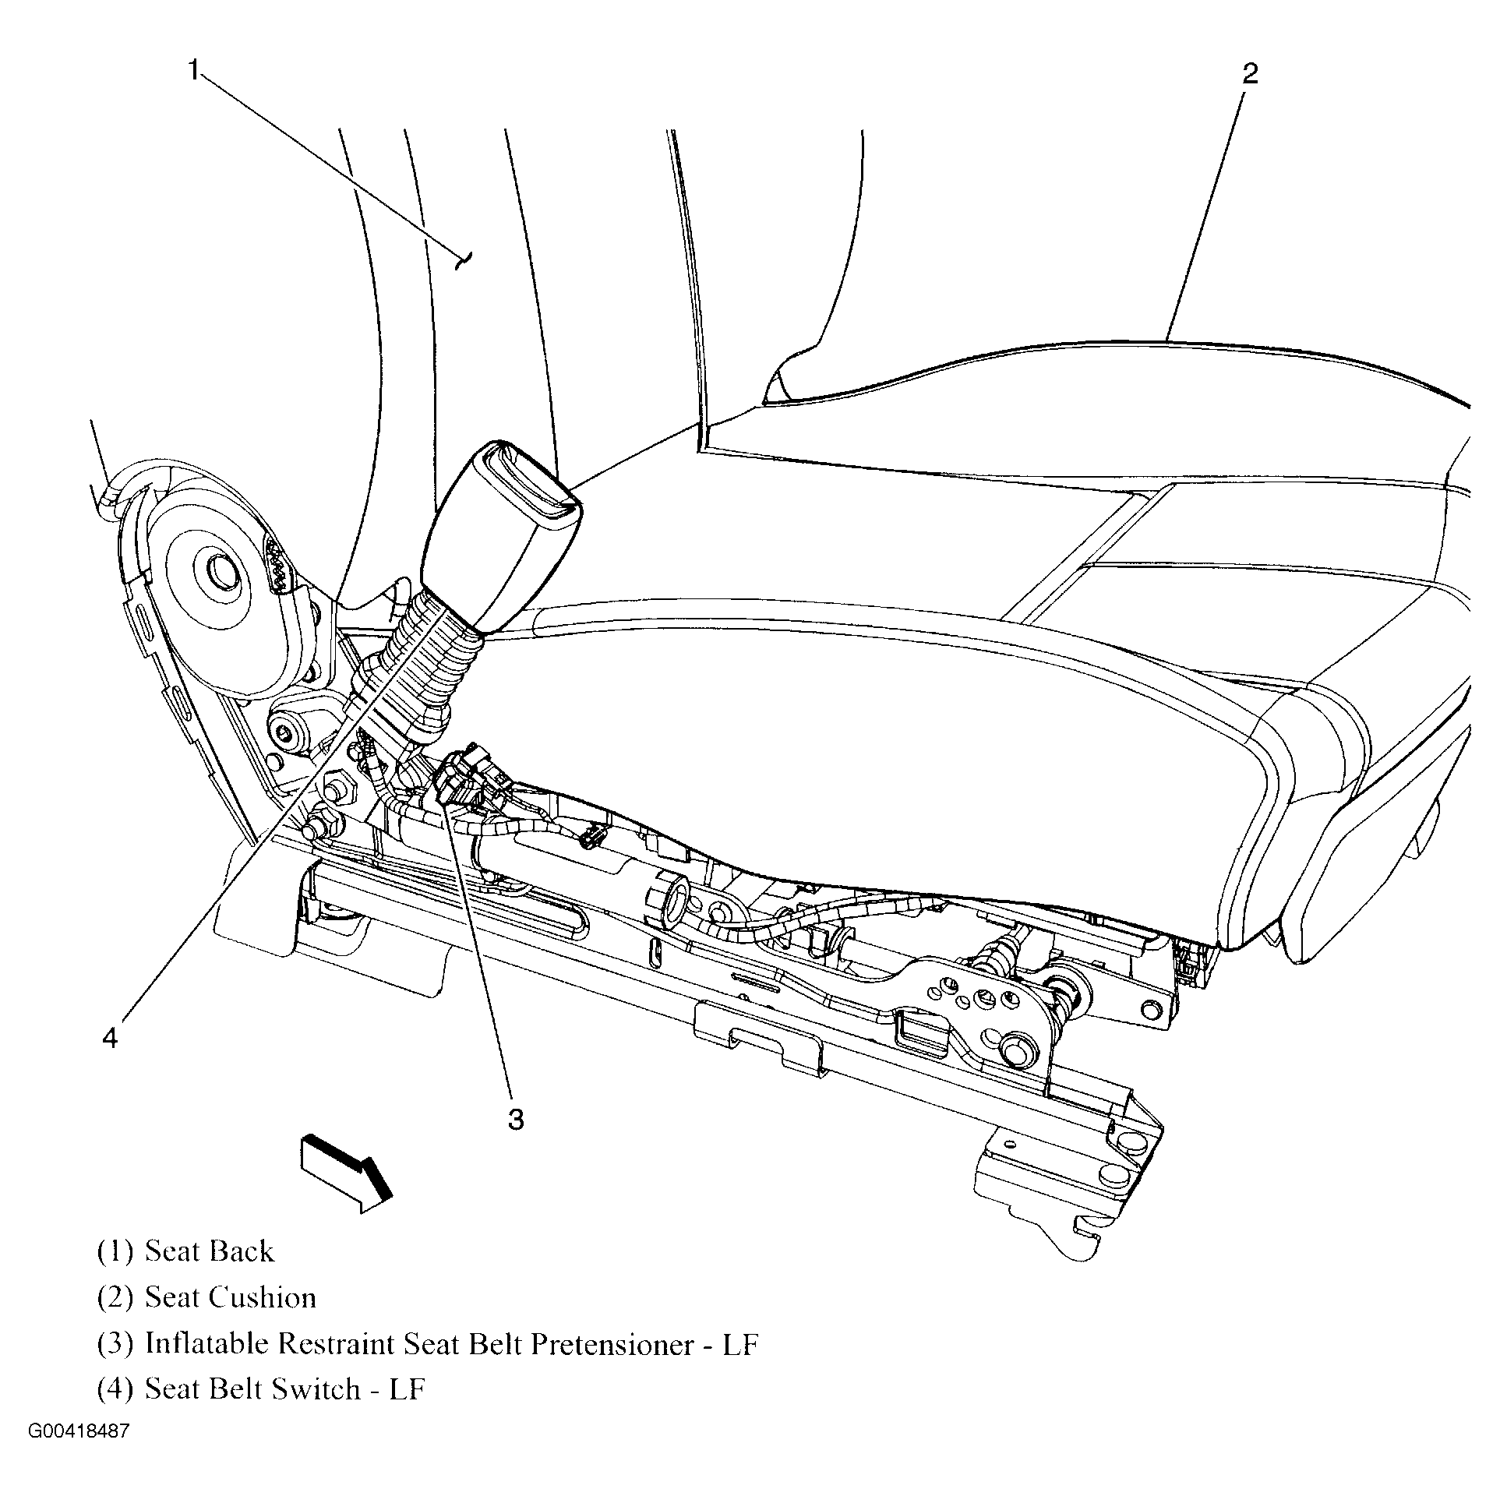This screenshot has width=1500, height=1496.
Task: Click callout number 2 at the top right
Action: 1249,74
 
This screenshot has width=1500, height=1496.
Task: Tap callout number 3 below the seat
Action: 516,1120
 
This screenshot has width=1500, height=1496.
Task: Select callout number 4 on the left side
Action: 110,1037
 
